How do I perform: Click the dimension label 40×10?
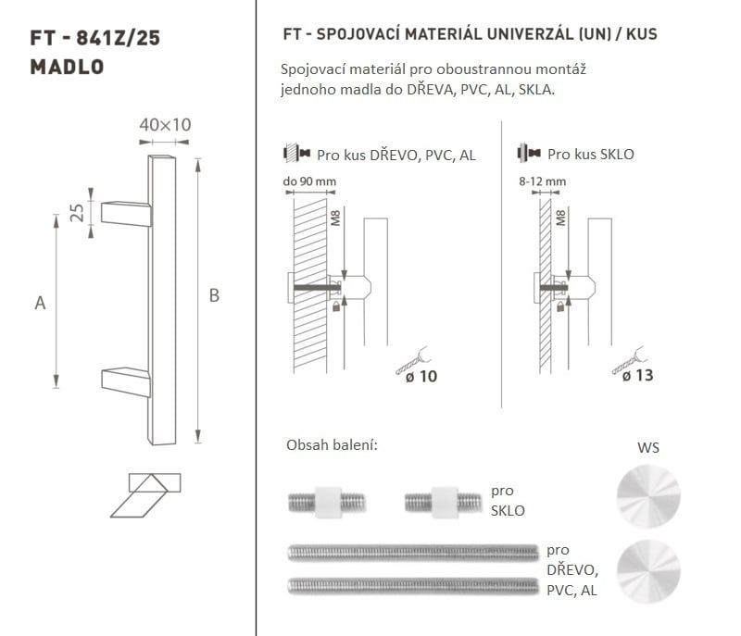coord(165,125)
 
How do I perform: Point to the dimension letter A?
coord(40,303)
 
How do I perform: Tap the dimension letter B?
coord(214,295)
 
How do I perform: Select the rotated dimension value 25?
coord(77,213)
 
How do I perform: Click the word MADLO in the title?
coord(67,67)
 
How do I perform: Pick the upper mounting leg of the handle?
coord(126,214)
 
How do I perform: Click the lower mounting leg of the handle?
coord(126,382)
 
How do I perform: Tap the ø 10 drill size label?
coord(421,377)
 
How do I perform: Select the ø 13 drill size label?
coord(638,375)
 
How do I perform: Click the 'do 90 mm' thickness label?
coord(309,181)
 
